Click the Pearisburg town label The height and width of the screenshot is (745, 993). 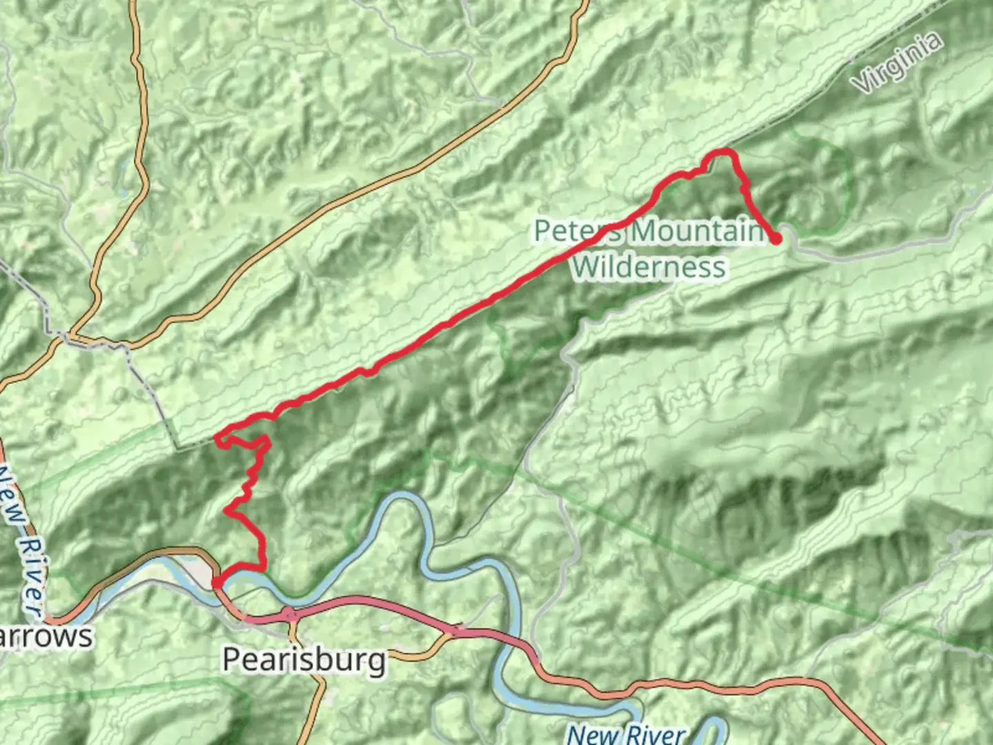pos(304,660)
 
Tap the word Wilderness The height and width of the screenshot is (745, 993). pos(649,267)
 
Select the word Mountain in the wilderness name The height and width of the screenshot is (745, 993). pos(696,231)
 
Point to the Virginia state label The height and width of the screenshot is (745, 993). pos(897,63)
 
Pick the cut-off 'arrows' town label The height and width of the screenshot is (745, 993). pos(46,636)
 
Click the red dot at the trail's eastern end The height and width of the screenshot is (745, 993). pos(776,239)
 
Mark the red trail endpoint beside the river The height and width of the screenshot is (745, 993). pos(217,584)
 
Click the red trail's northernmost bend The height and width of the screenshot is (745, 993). pos(721,151)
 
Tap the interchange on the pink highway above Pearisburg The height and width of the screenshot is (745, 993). pos(290,613)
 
